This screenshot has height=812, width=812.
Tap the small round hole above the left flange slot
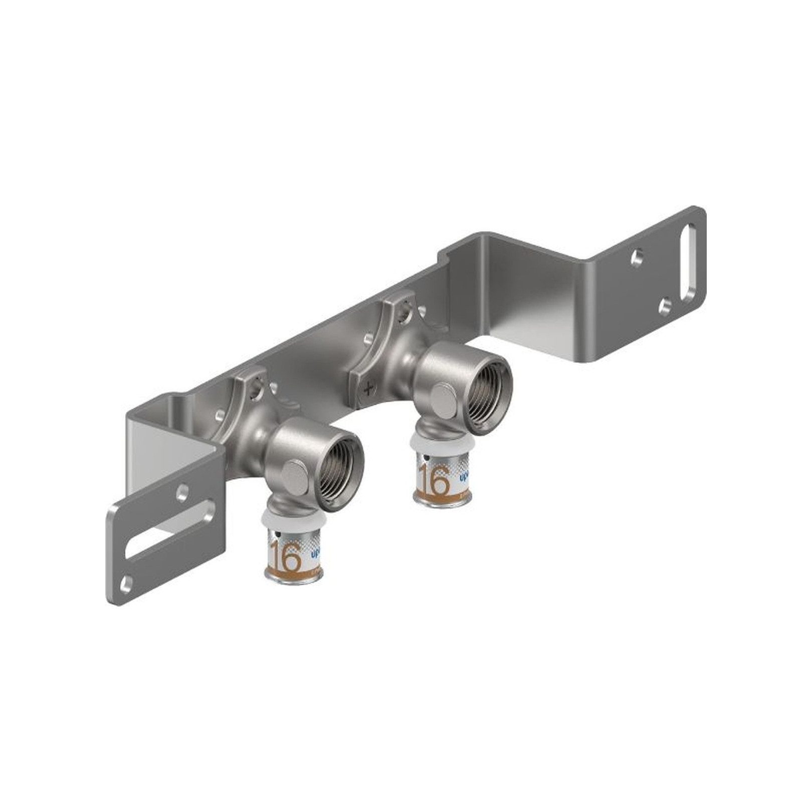(x=182, y=493)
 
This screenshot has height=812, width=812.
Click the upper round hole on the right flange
(x=637, y=258)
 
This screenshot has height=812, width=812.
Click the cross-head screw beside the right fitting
(x=369, y=387)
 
